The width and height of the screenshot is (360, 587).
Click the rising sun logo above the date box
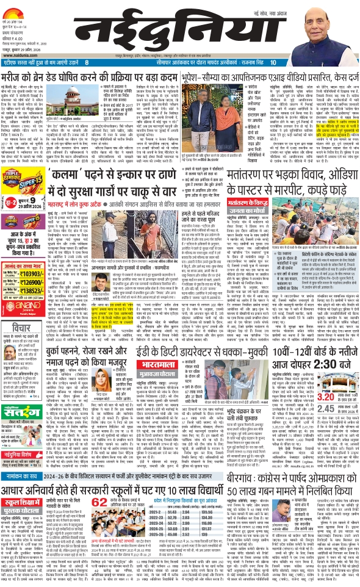18,9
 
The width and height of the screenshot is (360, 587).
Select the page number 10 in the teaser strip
273,62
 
